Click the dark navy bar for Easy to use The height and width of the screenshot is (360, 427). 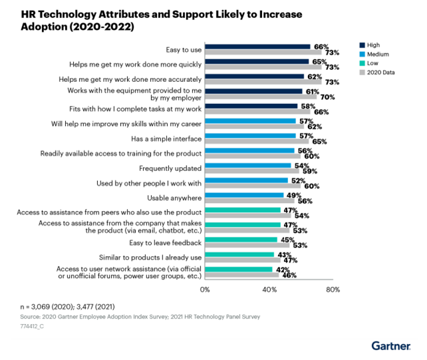[x=257, y=47]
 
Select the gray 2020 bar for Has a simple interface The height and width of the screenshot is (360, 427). [x=257, y=141]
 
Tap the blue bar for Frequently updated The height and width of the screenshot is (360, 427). [x=248, y=166]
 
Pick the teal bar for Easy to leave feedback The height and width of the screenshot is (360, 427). [x=241, y=240]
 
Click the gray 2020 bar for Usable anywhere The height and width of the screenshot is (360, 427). [x=249, y=200]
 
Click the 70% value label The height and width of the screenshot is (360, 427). [x=328, y=97]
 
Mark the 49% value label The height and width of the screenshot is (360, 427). [x=294, y=196]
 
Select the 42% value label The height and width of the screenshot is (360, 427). [x=283, y=270]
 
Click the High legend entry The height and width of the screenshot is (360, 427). [x=370, y=45]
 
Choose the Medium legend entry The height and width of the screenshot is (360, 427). [x=374, y=54]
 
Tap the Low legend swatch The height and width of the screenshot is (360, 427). [x=362, y=63]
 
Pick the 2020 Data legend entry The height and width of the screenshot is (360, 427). [x=377, y=73]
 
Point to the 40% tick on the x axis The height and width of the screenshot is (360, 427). [x=269, y=289]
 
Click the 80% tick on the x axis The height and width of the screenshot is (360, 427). [x=333, y=289]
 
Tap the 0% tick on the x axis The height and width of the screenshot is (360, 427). [x=205, y=289]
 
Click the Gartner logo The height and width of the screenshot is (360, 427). [x=391, y=346]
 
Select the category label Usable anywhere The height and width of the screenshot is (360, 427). [x=174, y=198]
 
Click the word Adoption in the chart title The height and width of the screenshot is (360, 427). [x=44, y=27]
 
